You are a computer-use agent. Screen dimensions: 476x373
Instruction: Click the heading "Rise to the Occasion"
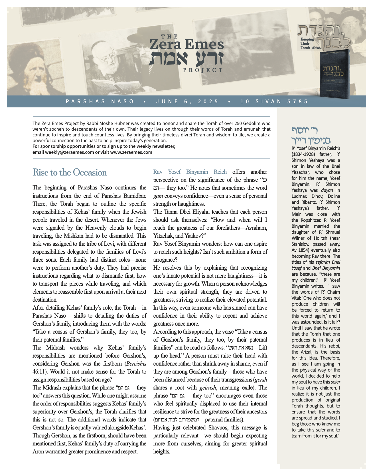coord(70,173)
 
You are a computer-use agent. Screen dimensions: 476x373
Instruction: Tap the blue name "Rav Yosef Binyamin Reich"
coord(190,172)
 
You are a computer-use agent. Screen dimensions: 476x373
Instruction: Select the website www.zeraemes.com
coord(131,152)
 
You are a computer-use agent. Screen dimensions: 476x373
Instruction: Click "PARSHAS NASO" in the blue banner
coord(100,102)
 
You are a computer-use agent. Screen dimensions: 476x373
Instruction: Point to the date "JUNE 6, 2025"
coord(187,102)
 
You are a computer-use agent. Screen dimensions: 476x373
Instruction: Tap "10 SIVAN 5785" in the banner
coord(274,102)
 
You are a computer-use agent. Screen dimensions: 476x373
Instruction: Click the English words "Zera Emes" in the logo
coord(187,45)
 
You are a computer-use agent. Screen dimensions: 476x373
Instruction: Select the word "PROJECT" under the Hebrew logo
coord(203,70)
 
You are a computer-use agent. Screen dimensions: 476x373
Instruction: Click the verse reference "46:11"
coord(38,372)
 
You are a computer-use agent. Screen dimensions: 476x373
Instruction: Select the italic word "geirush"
coord(208,388)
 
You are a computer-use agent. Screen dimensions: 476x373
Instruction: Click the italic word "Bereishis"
coord(136,364)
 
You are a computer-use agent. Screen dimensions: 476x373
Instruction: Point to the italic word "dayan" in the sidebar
coord(327,190)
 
